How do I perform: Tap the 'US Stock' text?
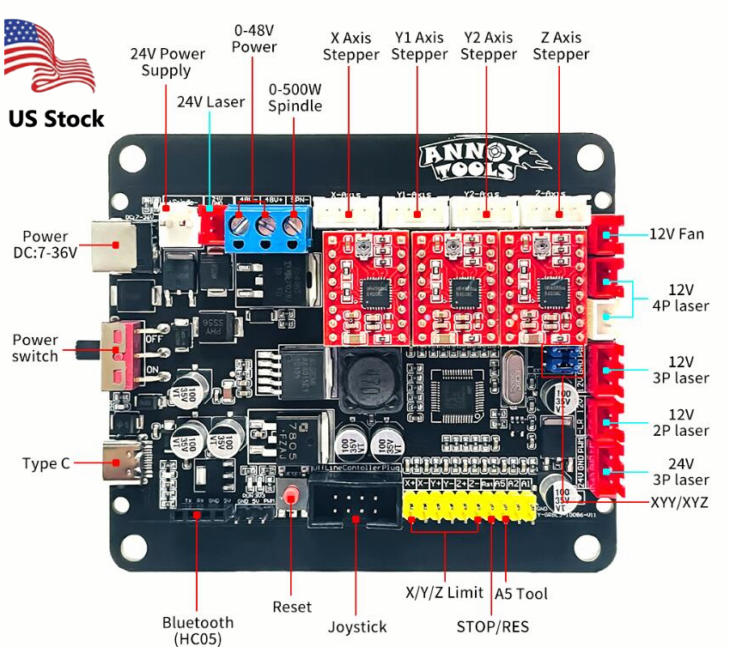[57, 118]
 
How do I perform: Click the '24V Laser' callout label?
[210, 101]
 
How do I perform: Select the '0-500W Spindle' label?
[295, 98]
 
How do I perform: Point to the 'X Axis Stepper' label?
[350, 46]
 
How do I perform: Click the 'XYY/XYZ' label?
[679, 502]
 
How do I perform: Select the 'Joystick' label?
[357, 626]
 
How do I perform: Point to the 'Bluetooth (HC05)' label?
[198, 630]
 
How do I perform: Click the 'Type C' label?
[46, 463]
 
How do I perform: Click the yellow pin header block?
[472, 505]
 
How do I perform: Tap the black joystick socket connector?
[355, 505]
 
